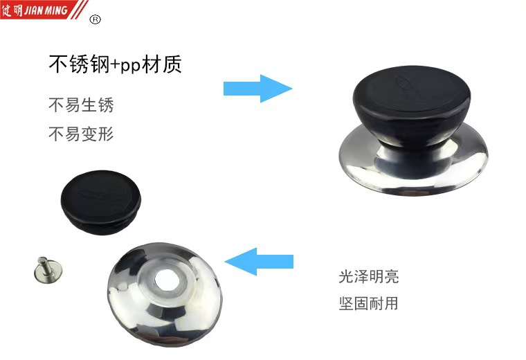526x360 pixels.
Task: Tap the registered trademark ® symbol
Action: tap(96, 20)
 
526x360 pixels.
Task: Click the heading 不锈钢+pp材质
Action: tap(115, 64)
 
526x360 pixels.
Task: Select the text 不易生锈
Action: tap(81, 105)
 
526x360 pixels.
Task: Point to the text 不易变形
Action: tap(81, 134)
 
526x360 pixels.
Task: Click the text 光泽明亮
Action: tap(369, 277)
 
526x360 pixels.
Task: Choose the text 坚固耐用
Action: tap(369, 303)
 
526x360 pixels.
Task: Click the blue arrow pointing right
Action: tap(257, 89)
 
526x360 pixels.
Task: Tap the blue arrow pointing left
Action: tap(259, 262)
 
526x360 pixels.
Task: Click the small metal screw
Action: tap(48, 270)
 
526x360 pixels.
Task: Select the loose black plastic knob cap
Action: tap(101, 202)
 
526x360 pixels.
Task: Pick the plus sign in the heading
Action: tap(115, 65)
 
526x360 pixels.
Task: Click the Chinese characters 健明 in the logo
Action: tap(12, 10)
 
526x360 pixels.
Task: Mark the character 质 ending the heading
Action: tap(172, 64)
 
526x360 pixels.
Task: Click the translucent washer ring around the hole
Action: tap(165, 278)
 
